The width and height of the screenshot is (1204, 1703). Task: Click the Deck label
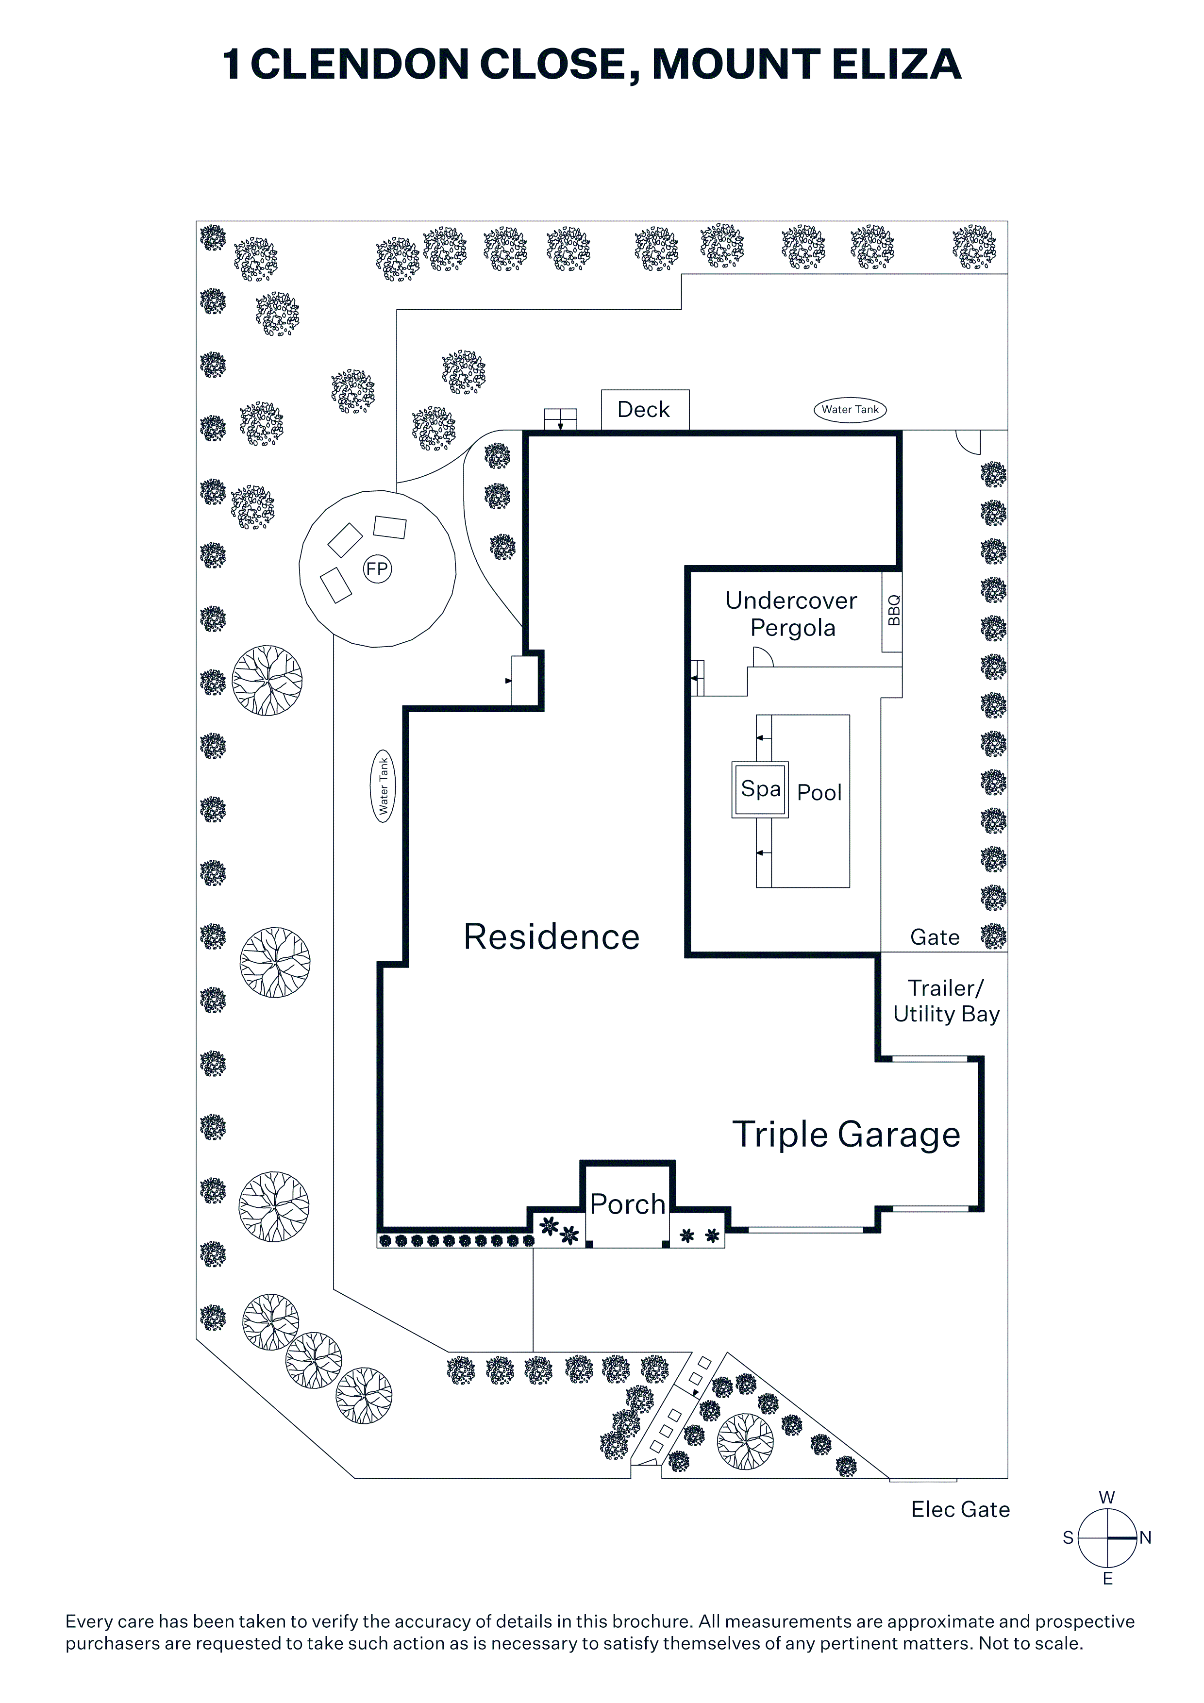(643, 409)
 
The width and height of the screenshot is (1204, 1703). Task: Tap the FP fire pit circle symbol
(377, 569)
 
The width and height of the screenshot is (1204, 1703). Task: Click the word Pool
(819, 793)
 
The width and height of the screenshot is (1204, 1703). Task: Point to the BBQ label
(893, 610)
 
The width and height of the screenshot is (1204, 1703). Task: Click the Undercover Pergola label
(791, 614)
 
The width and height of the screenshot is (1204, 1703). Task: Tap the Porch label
(628, 1204)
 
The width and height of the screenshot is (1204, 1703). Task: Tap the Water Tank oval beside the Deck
(850, 409)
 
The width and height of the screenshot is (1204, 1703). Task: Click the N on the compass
(1145, 1537)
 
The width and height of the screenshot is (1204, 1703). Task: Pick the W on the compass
(1107, 1498)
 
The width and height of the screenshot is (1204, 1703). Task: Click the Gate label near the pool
(935, 937)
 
